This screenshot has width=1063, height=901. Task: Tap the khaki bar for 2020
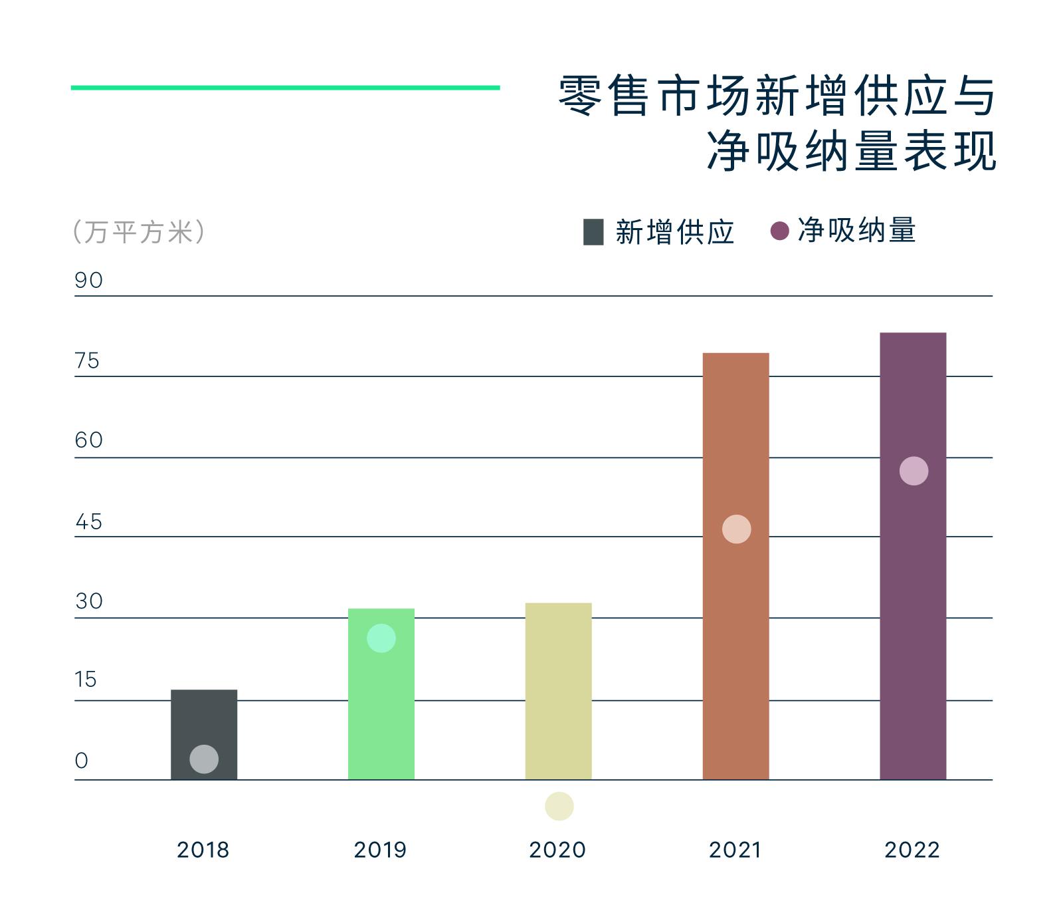[558, 692]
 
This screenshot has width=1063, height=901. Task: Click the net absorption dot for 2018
[204, 759]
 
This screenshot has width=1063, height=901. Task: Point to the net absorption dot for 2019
[381, 638]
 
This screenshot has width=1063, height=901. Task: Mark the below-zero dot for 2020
[559, 807]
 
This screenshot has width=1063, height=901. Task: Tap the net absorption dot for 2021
[736, 529]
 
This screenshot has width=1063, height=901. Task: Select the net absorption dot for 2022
[914, 471]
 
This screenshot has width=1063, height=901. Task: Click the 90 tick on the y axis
[88, 281]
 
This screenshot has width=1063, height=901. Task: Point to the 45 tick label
[88, 522]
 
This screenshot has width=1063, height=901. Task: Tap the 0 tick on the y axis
[81, 761]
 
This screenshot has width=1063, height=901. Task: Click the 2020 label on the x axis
[557, 850]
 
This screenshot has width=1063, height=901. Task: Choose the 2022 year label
[912, 850]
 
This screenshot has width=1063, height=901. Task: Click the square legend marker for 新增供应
[593, 232]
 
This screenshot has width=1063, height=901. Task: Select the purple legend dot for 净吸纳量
[779, 231]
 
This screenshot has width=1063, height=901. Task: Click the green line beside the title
[285, 87]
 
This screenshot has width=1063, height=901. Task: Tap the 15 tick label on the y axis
[86, 680]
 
